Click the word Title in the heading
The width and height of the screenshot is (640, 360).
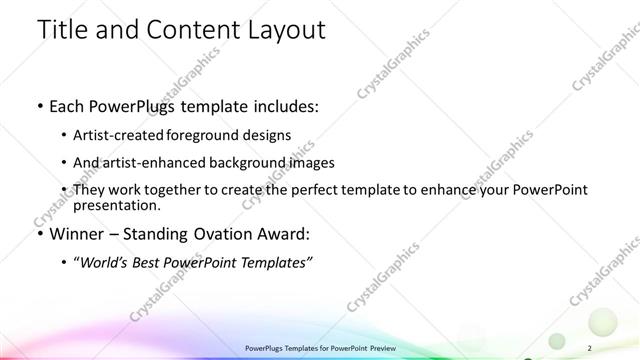point(58,30)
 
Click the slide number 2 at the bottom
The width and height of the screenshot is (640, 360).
point(592,347)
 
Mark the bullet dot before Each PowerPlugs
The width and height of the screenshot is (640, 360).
point(39,106)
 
